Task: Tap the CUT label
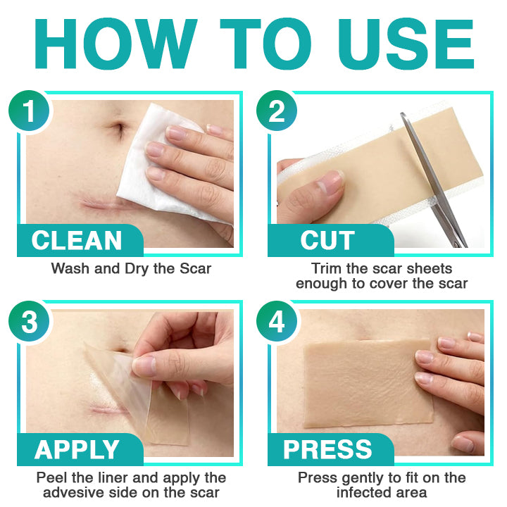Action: pos(327,241)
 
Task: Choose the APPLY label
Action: pos(77,449)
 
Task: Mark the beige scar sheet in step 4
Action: pos(359,380)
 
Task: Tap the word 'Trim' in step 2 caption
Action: pos(327,268)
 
